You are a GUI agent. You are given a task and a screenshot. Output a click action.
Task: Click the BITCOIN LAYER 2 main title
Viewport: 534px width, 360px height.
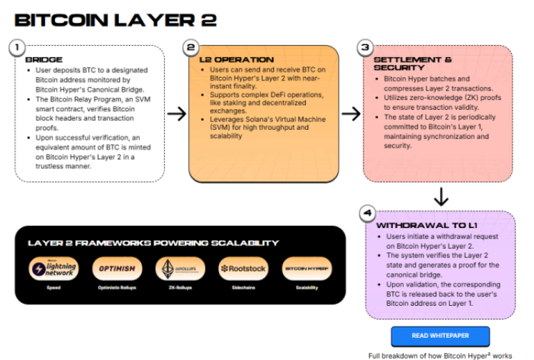115,19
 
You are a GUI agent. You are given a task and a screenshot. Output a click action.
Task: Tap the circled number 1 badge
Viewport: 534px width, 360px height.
15,47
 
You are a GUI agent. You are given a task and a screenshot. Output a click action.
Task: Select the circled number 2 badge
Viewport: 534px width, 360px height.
190,48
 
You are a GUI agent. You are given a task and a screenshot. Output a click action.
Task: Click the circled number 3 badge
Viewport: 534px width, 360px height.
364,48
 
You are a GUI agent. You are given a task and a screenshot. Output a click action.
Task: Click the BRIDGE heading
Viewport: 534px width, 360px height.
44,60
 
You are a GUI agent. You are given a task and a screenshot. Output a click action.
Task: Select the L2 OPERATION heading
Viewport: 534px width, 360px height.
236,60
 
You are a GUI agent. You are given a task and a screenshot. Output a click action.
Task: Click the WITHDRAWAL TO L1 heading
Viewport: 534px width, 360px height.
421,225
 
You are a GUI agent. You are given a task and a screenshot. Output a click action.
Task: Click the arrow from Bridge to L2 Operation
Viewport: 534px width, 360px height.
176,114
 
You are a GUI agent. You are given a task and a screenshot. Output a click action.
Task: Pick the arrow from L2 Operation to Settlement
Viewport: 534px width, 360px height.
350,114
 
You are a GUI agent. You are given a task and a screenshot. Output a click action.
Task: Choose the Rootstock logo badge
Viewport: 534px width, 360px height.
243,269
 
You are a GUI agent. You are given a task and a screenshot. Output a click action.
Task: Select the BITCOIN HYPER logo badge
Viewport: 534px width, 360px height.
307,269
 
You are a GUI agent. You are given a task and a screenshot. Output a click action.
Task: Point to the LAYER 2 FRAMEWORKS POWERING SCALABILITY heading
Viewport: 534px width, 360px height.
153,243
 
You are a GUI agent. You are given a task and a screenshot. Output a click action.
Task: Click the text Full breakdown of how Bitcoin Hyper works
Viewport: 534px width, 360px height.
440,355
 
